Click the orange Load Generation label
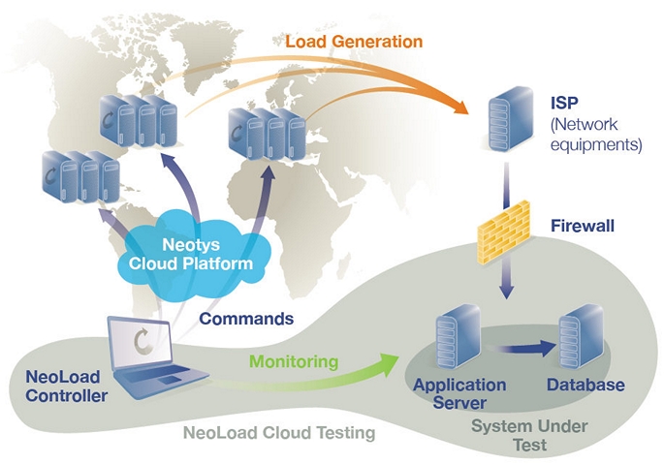(x=354, y=42)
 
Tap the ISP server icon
(x=510, y=119)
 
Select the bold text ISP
(x=564, y=103)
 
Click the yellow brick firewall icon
(x=504, y=232)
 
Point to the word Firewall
(x=583, y=226)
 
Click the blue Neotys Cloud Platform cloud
(x=191, y=253)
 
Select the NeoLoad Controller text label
(x=67, y=387)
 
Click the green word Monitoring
(x=294, y=361)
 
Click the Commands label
(x=246, y=319)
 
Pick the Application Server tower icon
(x=458, y=337)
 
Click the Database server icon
(x=582, y=336)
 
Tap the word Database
(x=585, y=385)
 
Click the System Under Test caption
(x=529, y=435)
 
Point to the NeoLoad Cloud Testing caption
(x=279, y=433)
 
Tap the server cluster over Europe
(x=268, y=135)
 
